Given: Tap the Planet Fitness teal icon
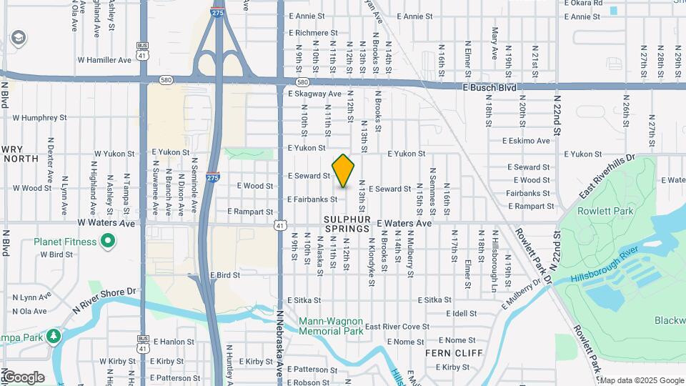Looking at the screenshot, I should click(108, 242).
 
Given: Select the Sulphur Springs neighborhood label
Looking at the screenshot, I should click(347, 224).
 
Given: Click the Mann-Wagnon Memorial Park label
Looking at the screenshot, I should click(331, 326).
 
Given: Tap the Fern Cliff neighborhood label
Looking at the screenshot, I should click(454, 353).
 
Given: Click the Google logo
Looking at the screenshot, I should click(24, 377).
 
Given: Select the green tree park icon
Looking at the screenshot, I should click(53, 336).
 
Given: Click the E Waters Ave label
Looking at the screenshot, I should click(404, 223).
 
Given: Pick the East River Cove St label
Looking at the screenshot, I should click(397, 327).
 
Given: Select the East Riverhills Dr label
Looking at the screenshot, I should click(607, 176).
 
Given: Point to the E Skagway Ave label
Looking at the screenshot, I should click(314, 94).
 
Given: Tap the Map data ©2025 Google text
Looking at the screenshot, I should click(641, 380).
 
